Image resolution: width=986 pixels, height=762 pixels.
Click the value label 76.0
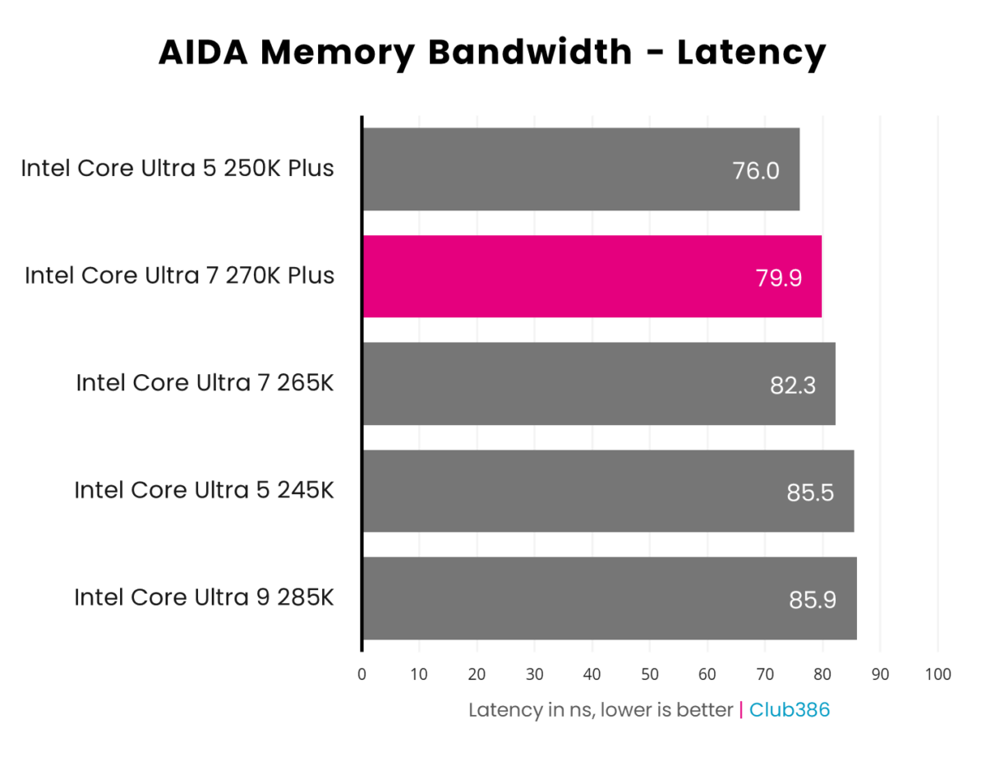click(x=755, y=171)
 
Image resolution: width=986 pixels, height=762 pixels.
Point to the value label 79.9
click(x=778, y=278)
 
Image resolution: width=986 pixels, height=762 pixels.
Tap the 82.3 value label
click(x=793, y=386)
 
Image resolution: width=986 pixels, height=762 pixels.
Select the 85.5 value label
click(x=810, y=492)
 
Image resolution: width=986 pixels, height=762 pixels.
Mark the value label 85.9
click(x=813, y=600)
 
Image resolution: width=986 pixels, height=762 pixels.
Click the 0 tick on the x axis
click(x=362, y=675)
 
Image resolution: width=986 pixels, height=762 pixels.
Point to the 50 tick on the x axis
click(x=649, y=675)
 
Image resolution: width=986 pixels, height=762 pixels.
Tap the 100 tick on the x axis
click(x=938, y=675)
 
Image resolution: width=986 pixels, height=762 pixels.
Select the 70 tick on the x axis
click(x=765, y=675)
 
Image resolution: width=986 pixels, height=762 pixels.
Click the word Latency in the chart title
click(x=751, y=53)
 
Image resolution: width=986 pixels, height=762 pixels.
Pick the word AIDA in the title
click(x=209, y=53)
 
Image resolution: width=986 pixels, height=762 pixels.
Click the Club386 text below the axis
click(x=790, y=709)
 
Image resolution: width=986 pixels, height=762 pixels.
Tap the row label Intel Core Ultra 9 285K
click(x=205, y=597)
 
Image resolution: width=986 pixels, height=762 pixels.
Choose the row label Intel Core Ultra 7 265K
click(x=205, y=383)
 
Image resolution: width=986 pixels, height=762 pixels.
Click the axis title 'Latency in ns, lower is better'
click(x=601, y=709)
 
